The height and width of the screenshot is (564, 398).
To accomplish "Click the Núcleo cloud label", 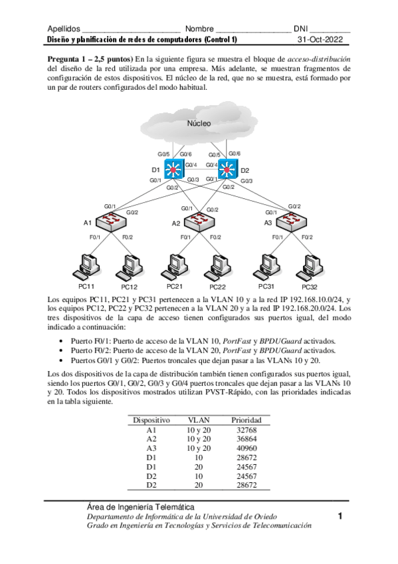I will (199, 124).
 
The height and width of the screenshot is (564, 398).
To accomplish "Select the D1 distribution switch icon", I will (174, 170).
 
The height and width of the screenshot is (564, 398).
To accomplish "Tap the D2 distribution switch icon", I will (227, 169).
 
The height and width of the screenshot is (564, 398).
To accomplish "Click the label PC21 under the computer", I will (175, 286).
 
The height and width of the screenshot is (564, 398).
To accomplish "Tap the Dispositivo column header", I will (151, 420).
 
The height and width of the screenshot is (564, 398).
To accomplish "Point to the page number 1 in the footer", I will (340, 516).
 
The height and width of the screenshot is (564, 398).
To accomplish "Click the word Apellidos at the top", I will (64, 29).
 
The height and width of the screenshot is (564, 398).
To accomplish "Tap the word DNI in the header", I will (302, 29).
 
